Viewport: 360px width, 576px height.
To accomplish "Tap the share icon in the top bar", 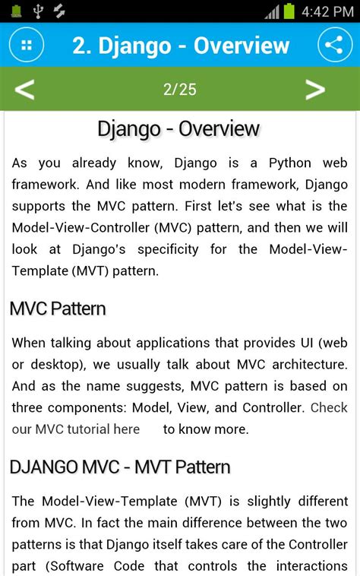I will click(333, 45).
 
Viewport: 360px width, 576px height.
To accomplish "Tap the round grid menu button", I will click(27, 45).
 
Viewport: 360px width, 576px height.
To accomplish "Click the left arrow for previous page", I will click(24, 90).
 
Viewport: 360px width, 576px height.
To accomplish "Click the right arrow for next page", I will click(315, 90).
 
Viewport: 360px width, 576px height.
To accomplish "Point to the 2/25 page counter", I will click(179, 90).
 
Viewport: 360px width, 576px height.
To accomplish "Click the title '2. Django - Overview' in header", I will click(181, 46).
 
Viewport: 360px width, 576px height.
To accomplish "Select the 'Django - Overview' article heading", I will click(179, 128).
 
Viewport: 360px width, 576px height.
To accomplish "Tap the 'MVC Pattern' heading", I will click(58, 309).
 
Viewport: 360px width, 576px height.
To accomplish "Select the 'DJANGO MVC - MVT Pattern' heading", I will click(120, 466).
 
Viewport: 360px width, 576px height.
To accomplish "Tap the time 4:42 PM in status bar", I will click(327, 11).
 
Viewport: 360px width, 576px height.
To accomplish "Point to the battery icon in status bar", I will click(289, 11).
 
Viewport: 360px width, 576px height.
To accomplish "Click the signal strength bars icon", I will click(272, 11).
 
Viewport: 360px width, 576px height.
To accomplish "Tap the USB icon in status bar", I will click(39, 11).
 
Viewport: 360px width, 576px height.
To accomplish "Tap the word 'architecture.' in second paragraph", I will click(306, 364).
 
